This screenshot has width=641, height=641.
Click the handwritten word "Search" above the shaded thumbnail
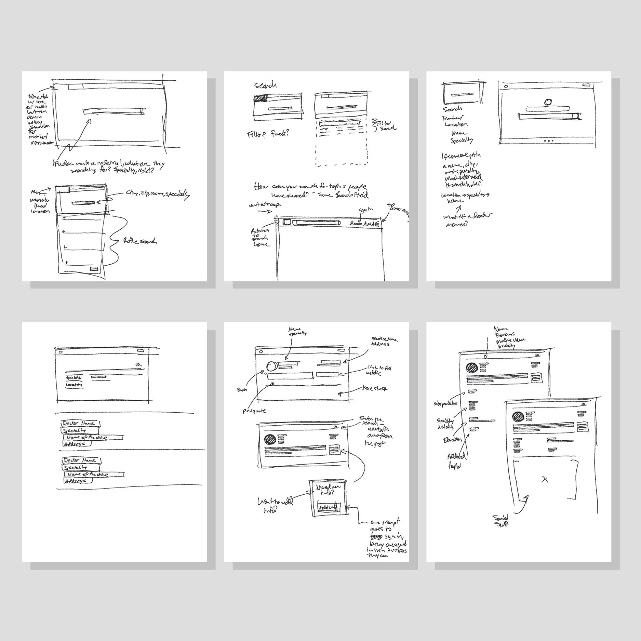tap(265, 85)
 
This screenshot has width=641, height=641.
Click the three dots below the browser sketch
tap(548, 141)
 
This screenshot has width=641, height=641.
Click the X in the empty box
tap(545, 479)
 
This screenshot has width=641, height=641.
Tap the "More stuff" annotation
tap(375, 389)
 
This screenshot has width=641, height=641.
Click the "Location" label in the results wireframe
tap(74, 385)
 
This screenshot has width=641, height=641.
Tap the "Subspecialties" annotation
tap(445, 403)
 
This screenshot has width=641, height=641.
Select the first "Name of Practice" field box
tap(92, 438)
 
